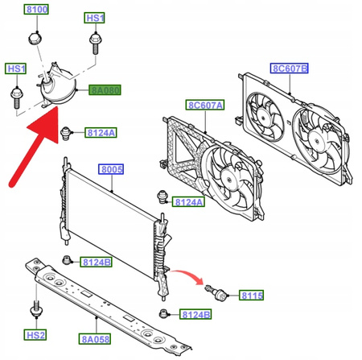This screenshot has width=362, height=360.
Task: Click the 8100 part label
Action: point(37,10)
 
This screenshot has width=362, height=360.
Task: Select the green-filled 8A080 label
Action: point(105,90)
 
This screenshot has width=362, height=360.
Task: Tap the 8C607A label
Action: point(205,105)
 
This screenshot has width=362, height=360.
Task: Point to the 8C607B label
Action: point(289,68)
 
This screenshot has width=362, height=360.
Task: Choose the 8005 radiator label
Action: point(111,169)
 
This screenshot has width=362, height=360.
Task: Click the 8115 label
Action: point(252,296)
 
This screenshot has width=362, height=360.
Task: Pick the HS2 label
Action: point(35,335)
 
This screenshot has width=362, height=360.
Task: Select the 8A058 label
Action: point(95,339)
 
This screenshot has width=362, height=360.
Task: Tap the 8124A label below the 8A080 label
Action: point(101,133)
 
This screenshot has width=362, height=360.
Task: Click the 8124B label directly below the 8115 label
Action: point(195,314)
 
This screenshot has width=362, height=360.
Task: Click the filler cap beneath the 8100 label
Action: point(35,39)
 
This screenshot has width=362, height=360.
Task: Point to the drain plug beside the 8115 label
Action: point(216,293)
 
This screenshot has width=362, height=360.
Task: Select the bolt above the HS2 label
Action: point(36,309)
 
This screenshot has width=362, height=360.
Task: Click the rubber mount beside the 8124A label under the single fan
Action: point(162,197)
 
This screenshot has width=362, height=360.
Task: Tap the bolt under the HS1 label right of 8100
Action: point(95,43)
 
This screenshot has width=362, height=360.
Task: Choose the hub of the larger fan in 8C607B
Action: point(316,140)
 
